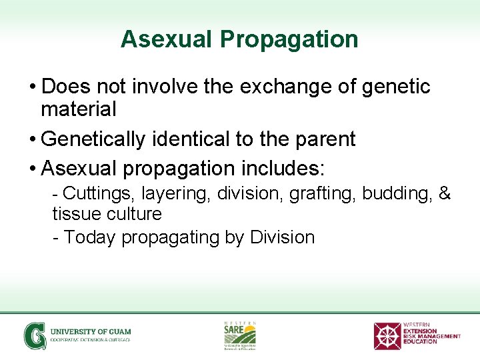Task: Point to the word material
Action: pyautogui.click(x=79, y=109)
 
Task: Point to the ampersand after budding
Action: pyautogui.click(x=444, y=194)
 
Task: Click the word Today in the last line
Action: pyautogui.click(x=91, y=237)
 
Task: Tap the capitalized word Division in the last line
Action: pyautogui.click(x=282, y=237)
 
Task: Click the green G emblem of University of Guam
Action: pyautogui.click(x=35, y=335)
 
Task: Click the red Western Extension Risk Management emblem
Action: pyautogui.click(x=387, y=335)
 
